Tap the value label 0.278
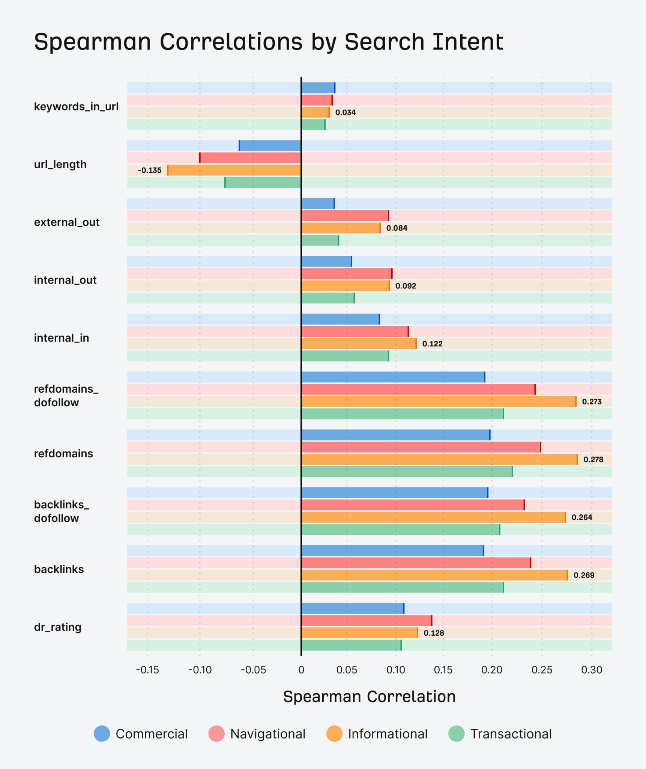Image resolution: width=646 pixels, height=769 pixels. [x=593, y=459]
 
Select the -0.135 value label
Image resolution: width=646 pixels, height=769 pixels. [x=149, y=170]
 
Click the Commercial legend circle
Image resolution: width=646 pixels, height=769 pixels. [x=102, y=734]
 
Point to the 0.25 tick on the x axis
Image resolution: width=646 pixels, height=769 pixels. [x=542, y=670]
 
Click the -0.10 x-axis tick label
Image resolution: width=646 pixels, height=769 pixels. [x=200, y=670]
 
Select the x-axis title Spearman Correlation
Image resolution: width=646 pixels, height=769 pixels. [x=369, y=697]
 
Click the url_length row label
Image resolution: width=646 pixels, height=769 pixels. [x=60, y=164]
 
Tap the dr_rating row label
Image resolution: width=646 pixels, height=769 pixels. [x=58, y=627]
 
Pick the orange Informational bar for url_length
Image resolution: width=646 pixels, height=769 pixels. [x=234, y=170]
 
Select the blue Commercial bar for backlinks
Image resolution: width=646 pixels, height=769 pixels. [x=392, y=551]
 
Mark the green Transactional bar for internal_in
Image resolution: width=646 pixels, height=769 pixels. [x=345, y=356]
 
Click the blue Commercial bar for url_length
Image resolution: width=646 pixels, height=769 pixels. [x=270, y=146]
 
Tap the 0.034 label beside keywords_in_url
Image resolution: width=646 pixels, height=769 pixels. [x=345, y=112]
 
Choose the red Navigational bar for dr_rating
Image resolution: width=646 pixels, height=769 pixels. [x=367, y=621]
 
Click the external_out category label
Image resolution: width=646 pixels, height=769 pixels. [x=67, y=222]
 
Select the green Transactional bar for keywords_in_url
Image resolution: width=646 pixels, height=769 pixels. [x=313, y=125]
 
